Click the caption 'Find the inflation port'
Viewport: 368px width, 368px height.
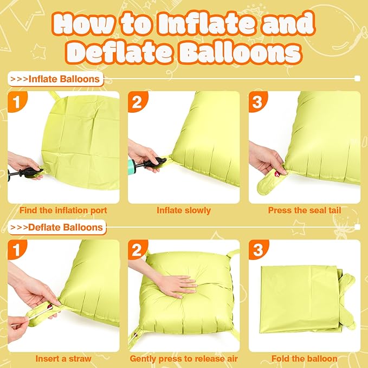(63, 210)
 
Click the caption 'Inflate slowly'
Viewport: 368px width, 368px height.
(184, 210)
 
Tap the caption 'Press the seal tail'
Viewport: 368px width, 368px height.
(304, 210)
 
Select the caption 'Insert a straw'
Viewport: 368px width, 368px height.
(63, 358)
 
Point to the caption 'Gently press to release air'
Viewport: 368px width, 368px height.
(184, 358)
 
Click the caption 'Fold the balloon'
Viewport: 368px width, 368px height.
(304, 358)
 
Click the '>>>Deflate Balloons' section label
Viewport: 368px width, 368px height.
(57, 227)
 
